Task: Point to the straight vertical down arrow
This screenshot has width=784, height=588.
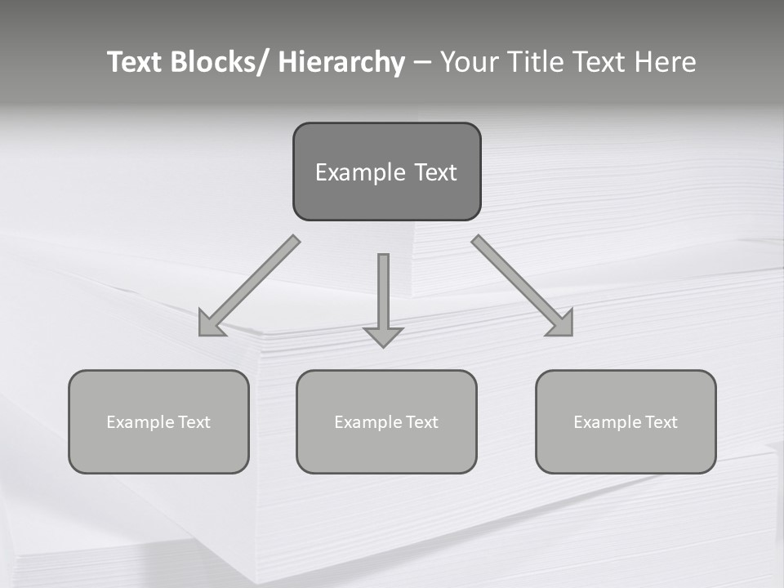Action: coord(383,294)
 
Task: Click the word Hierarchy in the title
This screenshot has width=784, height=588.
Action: coord(341,62)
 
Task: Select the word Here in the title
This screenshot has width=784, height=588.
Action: coord(665,62)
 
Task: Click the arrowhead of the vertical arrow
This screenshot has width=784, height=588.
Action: coord(383,336)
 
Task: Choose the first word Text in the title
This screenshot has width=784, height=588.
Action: coord(135,62)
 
